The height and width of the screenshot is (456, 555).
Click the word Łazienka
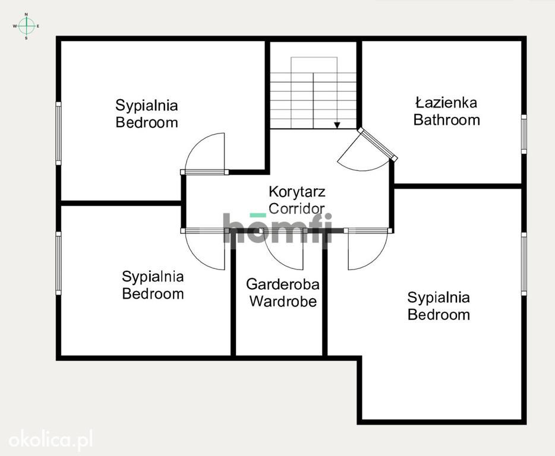click(x=446, y=103)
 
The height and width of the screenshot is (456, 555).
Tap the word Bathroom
click(x=447, y=120)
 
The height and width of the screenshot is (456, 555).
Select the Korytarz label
click(x=297, y=191)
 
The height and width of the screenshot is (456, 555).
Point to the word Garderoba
click(x=283, y=284)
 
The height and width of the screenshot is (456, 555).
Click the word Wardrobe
click(x=283, y=302)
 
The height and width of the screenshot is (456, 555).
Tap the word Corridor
click(x=297, y=208)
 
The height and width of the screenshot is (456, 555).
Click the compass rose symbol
click(x=26, y=26)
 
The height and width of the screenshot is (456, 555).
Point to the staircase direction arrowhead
click(x=338, y=125)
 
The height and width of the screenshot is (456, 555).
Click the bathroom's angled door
click(x=377, y=144)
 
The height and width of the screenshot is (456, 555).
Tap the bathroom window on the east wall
click(x=524, y=134)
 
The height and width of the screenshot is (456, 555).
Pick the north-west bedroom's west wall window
click(x=58, y=134)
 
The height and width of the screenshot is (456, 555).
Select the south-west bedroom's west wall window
click(x=58, y=263)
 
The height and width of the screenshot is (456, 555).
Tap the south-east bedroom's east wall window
click(x=524, y=264)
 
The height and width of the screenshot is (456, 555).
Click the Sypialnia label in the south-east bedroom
click(x=439, y=297)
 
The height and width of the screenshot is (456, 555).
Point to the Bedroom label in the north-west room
click(x=147, y=122)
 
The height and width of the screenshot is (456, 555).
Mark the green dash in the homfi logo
click(x=258, y=215)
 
